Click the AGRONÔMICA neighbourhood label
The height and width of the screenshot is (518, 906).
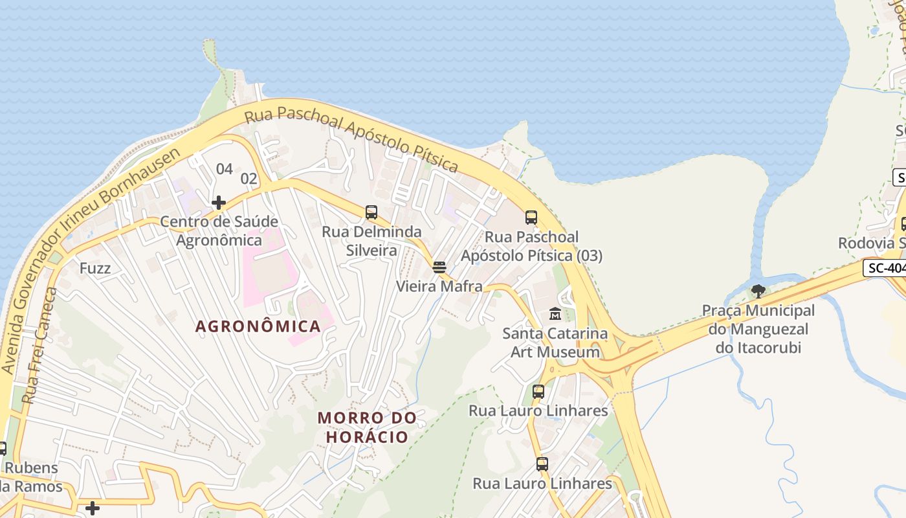coord(258,326)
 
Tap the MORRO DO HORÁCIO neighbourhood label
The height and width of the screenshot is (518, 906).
coord(367,427)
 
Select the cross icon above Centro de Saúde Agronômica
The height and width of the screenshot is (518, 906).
coord(219,203)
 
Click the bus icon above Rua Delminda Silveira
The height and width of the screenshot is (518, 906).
coord(371,212)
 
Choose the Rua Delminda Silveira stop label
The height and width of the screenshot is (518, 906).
coord(371,241)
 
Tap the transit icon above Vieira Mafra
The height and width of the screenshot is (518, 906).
coord(439,267)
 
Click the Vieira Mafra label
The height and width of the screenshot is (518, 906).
coord(439,286)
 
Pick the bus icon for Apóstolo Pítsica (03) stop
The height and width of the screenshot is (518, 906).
coord(531,218)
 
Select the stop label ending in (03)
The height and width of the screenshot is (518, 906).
coord(531,247)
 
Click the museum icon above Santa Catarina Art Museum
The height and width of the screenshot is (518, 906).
coord(555,314)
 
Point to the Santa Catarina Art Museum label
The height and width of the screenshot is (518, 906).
coord(555,343)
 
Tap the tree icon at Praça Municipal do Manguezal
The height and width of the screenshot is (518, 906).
coord(758,291)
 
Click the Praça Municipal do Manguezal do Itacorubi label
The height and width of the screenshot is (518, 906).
coord(758,329)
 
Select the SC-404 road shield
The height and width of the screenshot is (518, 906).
coord(885,268)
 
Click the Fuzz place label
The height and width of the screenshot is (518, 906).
coord(95,268)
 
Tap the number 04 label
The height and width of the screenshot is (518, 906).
coord(224,169)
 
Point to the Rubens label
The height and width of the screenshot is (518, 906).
coord(31,468)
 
